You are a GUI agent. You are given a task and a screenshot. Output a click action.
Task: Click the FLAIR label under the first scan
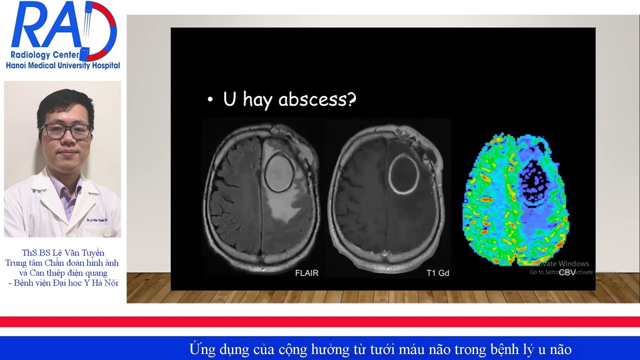click(306, 273)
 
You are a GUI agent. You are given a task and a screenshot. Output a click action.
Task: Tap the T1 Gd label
click(437, 273)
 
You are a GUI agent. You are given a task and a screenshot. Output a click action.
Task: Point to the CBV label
click(567, 272)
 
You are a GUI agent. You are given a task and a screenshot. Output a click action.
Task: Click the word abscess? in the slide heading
click(317, 99)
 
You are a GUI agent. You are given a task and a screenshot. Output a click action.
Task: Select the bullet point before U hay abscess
click(210, 100)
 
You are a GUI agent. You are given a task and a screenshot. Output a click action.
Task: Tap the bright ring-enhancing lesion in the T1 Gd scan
click(404, 174)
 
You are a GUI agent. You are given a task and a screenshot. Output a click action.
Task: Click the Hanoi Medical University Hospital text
click(62, 65)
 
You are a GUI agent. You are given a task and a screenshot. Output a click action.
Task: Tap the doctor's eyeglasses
click(65, 131)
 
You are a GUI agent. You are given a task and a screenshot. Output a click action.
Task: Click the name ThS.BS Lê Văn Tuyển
click(63, 253)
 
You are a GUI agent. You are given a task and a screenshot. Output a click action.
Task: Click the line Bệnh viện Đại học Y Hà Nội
click(63, 283)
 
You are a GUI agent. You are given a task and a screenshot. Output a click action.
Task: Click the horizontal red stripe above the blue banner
click(320, 321)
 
